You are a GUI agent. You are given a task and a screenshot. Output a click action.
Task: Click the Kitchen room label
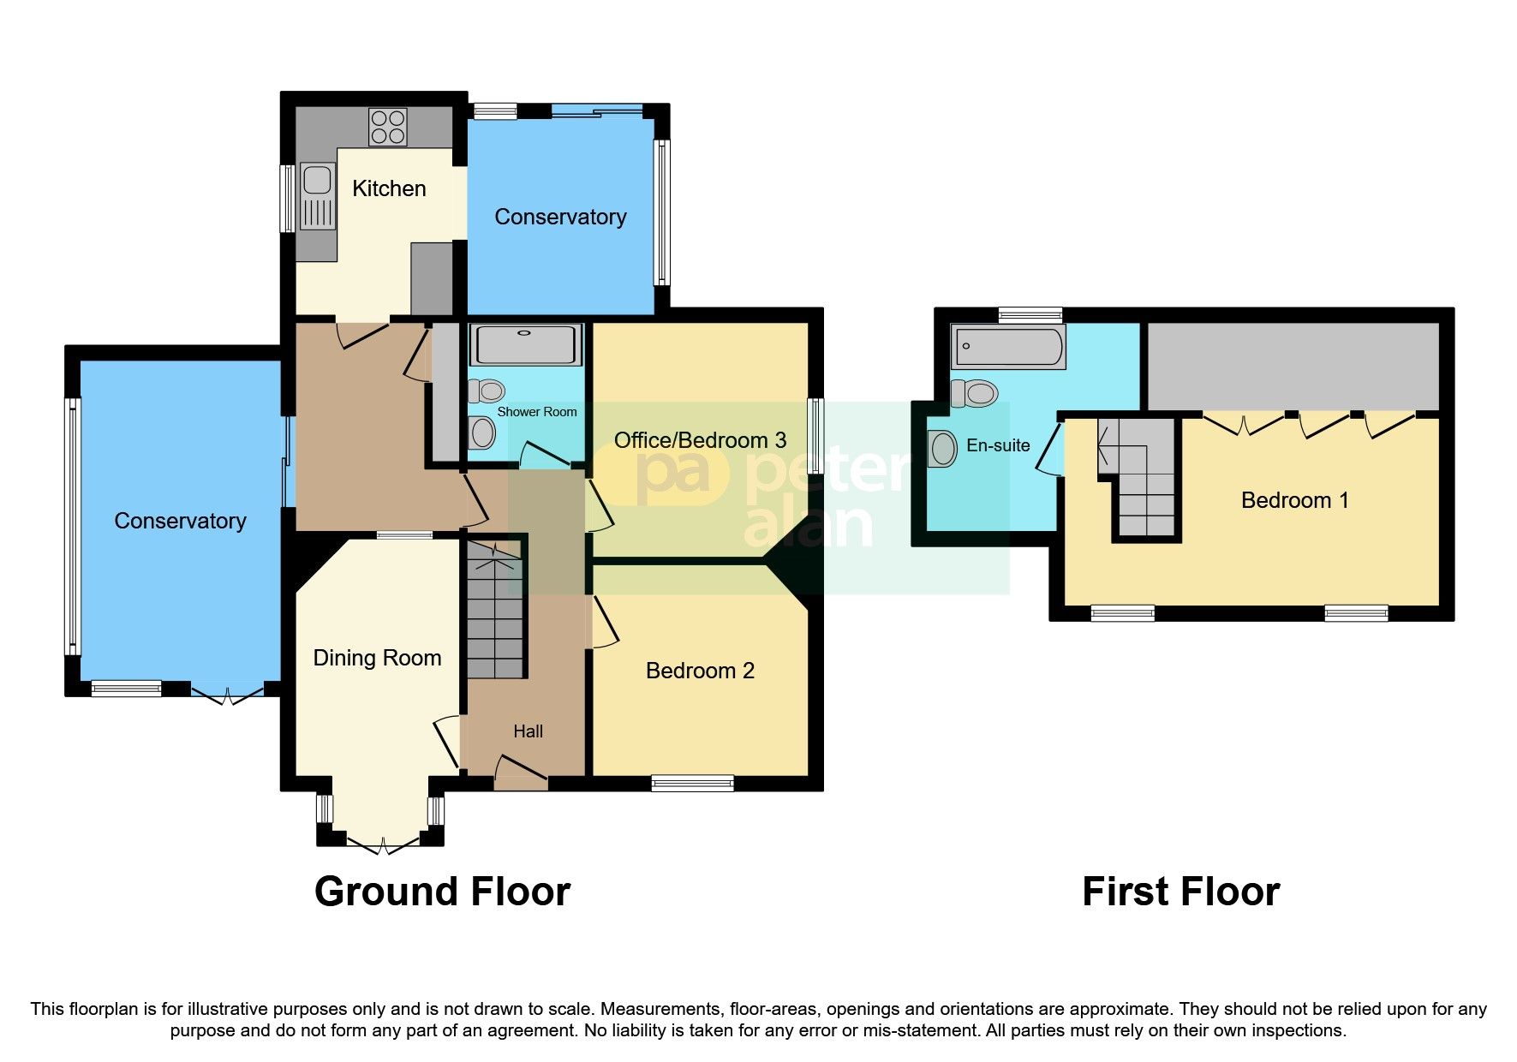coord(389,188)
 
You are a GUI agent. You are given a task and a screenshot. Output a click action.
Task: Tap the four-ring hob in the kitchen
coord(387,127)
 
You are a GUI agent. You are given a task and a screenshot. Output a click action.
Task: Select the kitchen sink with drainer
coord(317,196)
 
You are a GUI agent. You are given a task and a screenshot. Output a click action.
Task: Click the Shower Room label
coord(537,412)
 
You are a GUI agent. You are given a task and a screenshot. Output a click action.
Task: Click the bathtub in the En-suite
coord(1008,347)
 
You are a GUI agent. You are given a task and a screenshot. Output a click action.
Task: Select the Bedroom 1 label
coord(1294,500)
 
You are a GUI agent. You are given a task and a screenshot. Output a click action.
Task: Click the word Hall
coord(528,731)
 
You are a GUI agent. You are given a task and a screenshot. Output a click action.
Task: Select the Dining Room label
coord(377,658)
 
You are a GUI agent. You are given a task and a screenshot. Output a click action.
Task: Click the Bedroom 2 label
coord(700,671)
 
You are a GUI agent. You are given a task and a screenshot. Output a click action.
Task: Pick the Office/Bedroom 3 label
coord(700,440)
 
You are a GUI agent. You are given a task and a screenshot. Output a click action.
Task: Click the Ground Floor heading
coord(442,892)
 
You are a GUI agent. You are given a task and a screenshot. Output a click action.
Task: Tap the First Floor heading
coord(1180,892)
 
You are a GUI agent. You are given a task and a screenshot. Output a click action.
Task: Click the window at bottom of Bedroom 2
coord(692,783)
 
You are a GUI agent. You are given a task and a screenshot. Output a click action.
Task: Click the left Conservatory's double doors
coord(227,695)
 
